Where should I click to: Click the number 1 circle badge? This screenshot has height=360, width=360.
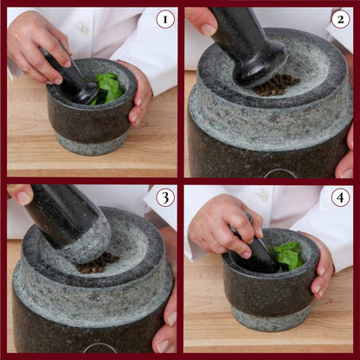point(165,20)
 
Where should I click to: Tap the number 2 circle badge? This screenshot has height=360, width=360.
point(340,20)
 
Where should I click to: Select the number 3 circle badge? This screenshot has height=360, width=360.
point(165,197)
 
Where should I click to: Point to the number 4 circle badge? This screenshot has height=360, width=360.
point(340,197)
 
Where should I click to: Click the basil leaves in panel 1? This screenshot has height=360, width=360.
point(107,87)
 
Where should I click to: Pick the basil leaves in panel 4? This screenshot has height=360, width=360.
point(286,255)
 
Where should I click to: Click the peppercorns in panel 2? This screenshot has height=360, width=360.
point(276,84)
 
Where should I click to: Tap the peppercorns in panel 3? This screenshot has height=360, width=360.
point(98,262)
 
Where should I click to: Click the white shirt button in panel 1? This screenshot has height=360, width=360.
point(84,29)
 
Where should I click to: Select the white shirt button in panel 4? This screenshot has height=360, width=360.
point(262,195)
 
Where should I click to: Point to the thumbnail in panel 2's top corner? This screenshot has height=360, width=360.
point(208,29)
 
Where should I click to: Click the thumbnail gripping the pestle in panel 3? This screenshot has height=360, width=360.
point(23,197)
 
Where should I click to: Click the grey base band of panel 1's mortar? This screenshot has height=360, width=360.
point(93,145)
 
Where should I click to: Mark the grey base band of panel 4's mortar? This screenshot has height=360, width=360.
point(271,318)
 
